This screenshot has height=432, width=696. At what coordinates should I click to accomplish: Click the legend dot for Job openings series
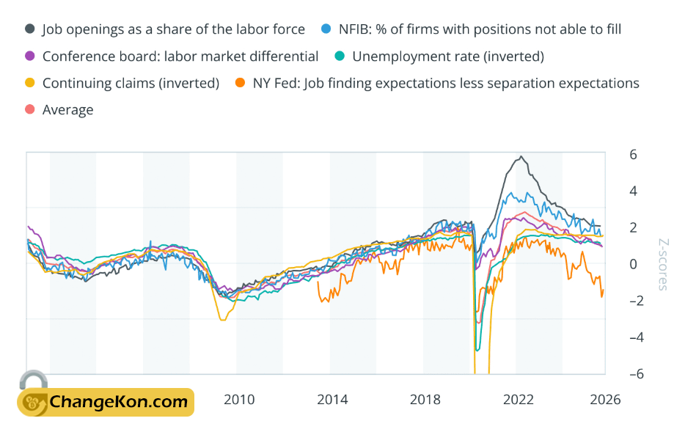tap(30, 29)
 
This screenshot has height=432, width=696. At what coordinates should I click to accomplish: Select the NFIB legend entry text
tap(480, 29)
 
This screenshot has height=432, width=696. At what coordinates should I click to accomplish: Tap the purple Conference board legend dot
tap(30, 56)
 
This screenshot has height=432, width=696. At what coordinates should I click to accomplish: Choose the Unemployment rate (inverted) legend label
tap(448, 56)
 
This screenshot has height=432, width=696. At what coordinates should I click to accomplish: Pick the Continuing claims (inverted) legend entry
tap(131, 83)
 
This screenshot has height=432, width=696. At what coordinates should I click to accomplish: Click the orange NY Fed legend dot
tap(240, 83)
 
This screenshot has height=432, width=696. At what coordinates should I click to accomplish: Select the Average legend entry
tap(67, 110)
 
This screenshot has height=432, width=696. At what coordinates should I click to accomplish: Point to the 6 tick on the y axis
tap(632, 155)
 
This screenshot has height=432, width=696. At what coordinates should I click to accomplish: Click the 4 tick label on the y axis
tap(632, 191)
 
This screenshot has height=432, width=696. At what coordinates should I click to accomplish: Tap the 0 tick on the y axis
tap(632, 264)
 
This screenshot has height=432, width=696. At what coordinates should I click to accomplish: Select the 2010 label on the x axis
tap(239, 400)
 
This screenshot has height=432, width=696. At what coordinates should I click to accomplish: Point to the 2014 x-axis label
tap(332, 400)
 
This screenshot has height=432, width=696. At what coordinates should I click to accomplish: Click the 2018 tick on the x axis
tap(425, 400)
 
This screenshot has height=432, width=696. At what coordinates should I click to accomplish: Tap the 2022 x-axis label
tap(518, 400)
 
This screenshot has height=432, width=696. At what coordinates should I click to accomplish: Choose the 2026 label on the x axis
tap(605, 400)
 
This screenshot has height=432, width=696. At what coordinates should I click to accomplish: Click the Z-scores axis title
tap(662, 264)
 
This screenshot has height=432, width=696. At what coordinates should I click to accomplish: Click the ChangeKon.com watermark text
tap(118, 402)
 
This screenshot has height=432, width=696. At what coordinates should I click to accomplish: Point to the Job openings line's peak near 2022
tap(521, 157)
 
